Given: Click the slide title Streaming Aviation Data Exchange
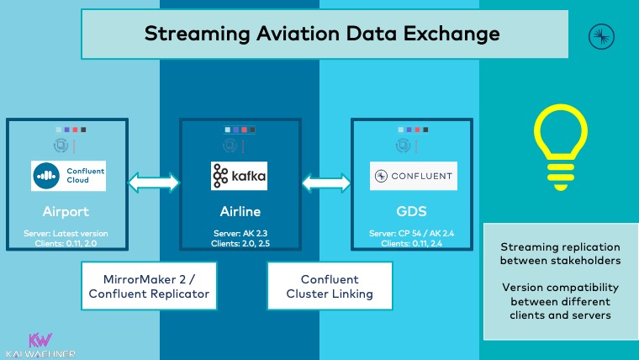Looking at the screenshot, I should pyautogui.click(x=322, y=34).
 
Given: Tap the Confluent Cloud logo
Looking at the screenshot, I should pyautogui.click(x=66, y=176).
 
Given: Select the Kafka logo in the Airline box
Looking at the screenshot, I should pyautogui.click(x=239, y=176).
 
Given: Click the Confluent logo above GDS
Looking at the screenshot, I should pyautogui.click(x=413, y=177).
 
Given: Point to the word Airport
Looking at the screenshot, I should pyautogui.click(x=66, y=210).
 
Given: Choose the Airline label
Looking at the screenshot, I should pyautogui.click(x=239, y=210).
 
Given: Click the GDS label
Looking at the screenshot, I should pyautogui.click(x=413, y=210).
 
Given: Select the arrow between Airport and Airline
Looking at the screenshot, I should pyautogui.click(x=154, y=181).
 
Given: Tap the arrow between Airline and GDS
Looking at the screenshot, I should pyautogui.click(x=326, y=181).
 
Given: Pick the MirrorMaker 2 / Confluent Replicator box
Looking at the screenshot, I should pyautogui.click(x=145, y=287).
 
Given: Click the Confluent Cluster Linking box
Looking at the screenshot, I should pyautogui.click(x=330, y=287).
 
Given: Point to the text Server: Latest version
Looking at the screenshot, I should pyautogui.click(x=66, y=233).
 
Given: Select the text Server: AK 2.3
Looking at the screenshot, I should pyautogui.click(x=239, y=233).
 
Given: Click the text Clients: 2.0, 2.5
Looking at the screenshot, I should pyautogui.click(x=239, y=243).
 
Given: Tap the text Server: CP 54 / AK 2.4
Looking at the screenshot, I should pyautogui.click(x=413, y=233).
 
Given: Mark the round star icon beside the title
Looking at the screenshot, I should pyautogui.click(x=602, y=34).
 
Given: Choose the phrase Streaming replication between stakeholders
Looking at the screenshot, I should pyautogui.click(x=560, y=255).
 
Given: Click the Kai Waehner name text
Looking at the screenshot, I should pyautogui.click(x=40, y=354).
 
